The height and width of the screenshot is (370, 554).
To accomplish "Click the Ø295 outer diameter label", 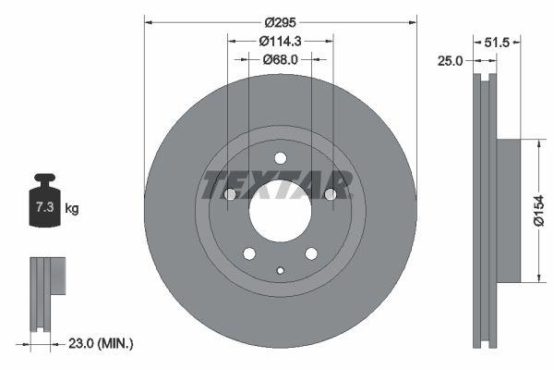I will [x=281, y=22].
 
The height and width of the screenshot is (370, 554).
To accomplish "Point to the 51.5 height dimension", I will [x=499, y=43].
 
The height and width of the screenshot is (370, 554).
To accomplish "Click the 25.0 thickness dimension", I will [x=450, y=61].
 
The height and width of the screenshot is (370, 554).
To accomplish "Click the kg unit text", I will [x=72, y=209].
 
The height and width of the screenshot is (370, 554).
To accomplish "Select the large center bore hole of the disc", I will [x=281, y=202].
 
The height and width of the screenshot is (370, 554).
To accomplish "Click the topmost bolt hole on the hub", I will [x=281, y=157].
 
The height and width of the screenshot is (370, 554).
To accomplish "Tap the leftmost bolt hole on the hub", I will [x=231, y=194].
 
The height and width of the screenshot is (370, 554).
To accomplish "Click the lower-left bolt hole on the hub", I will [x=249, y=253].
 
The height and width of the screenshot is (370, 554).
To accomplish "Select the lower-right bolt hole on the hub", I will [x=312, y=253].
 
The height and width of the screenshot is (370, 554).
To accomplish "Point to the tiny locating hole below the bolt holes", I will [x=281, y=270].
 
